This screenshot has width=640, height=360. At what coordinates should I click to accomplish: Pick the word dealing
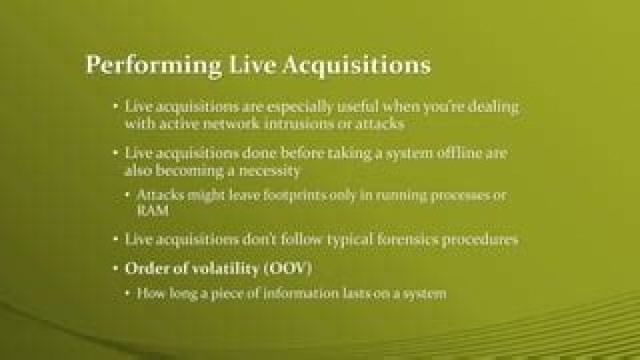493,107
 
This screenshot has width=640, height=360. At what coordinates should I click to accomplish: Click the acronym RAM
152,212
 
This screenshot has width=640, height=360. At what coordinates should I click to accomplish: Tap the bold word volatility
211,268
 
